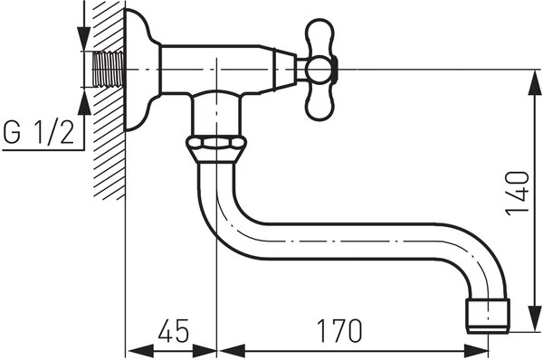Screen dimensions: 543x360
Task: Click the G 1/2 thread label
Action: (x=39, y=133)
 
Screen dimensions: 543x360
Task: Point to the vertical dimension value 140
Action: (x=518, y=194)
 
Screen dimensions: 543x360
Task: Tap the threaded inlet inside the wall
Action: (x=108, y=70)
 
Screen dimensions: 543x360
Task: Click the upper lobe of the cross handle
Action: (x=320, y=37)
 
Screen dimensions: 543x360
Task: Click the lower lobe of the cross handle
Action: (x=319, y=102)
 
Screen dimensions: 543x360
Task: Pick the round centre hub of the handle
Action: (x=319, y=71)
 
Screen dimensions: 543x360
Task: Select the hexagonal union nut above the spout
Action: (x=216, y=149)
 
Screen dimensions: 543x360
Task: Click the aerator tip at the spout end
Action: (x=488, y=317)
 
